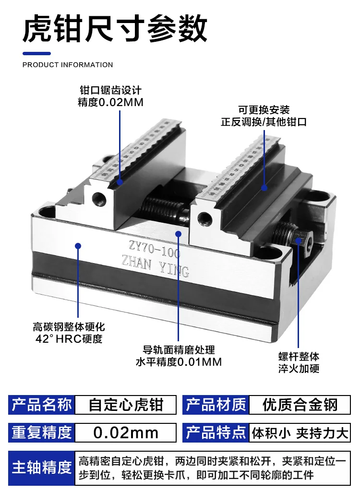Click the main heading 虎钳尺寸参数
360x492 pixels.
point(115,29)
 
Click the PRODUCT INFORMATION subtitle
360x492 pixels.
point(68,65)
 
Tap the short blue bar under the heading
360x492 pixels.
point(36,53)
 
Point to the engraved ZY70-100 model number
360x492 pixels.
point(155,249)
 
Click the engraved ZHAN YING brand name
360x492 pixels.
point(156,267)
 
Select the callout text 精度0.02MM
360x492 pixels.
point(110,102)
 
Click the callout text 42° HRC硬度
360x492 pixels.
point(69,339)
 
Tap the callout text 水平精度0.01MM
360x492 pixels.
point(179,362)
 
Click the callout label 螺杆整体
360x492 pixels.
point(299,357)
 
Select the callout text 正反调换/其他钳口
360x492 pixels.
point(264,122)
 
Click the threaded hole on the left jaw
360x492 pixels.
point(99,198)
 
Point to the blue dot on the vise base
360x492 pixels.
point(78,246)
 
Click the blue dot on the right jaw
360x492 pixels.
point(264,188)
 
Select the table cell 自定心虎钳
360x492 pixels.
point(126,405)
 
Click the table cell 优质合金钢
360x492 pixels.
point(300,405)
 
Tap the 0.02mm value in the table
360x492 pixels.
point(126,432)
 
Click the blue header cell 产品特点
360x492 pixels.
point(216,432)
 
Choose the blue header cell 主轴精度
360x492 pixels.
point(42,468)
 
